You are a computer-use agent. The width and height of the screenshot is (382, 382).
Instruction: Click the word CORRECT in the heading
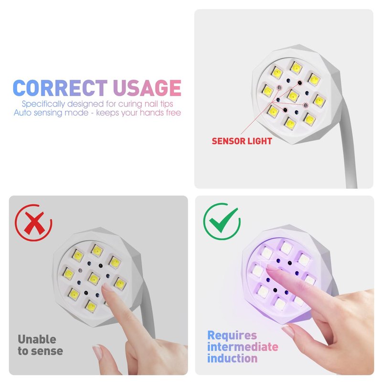pyautogui.click(x=60, y=88)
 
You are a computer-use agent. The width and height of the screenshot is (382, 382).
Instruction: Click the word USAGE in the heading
pyautogui.click(x=147, y=88)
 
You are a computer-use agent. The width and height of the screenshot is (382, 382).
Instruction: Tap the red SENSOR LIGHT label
pyautogui.click(x=242, y=141)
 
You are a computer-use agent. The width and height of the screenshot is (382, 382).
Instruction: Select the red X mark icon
pyautogui.click(x=33, y=223)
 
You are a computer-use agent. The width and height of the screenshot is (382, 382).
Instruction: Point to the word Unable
pyautogui.click(x=37, y=340)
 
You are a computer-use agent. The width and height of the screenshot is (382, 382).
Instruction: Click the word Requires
pyautogui.click(x=232, y=336)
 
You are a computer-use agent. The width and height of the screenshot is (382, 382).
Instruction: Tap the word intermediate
pyautogui.click(x=243, y=347)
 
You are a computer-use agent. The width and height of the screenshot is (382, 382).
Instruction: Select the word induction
pyautogui.click(x=232, y=359)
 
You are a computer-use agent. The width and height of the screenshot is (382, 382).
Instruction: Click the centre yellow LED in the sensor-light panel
pyautogui.click(x=293, y=96)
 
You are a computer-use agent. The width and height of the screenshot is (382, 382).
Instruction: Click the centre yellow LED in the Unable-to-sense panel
pyautogui.click(x=94, y=279)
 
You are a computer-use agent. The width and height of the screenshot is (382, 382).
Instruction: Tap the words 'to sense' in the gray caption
pyautogui.click(x=41, y=351)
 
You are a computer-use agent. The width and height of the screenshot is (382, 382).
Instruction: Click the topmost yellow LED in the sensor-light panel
pyautogui.click(x=297, y=68)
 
